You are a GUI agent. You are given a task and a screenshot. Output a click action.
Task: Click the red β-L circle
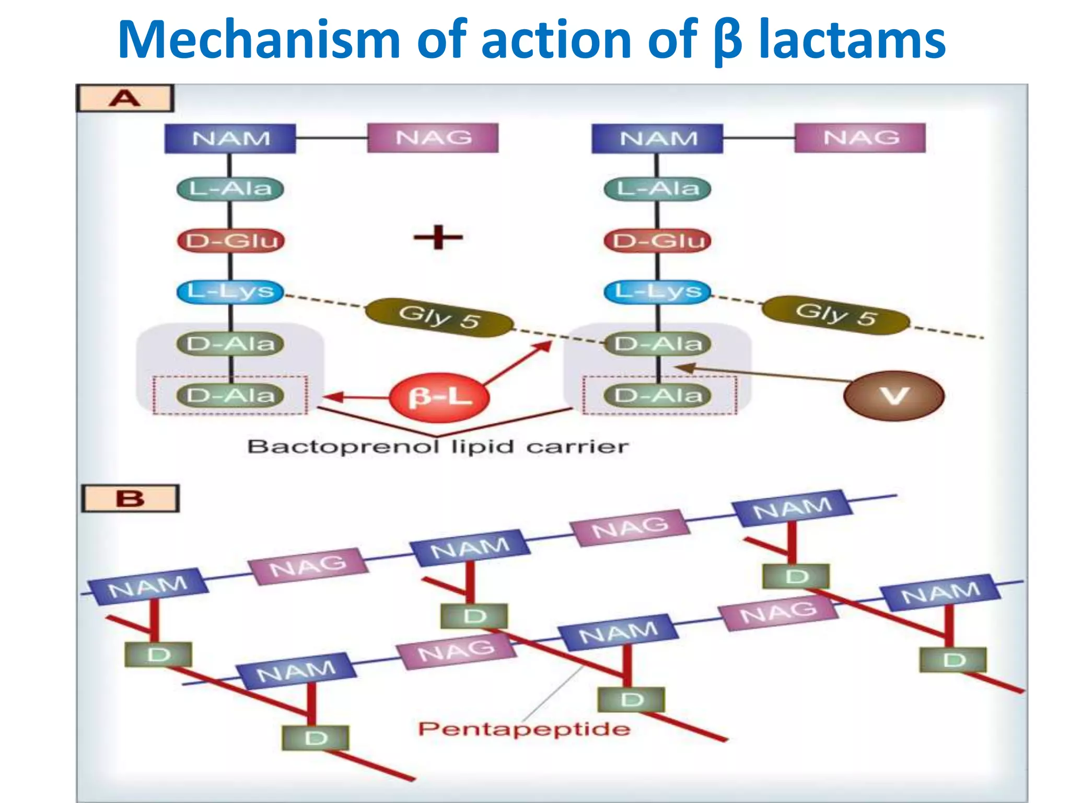tap(439, 397)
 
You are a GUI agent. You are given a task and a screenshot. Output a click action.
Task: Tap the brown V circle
tap(894, 396)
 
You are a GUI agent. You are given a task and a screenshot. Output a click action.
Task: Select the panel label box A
tap(125, 98)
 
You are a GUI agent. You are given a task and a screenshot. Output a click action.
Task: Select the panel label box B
tap(130, 498)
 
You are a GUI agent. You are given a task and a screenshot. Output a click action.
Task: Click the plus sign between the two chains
tap(438, 238)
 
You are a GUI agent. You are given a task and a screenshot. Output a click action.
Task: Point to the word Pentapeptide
tap(524, 729)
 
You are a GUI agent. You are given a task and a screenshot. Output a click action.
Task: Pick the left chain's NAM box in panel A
tap(230, 139)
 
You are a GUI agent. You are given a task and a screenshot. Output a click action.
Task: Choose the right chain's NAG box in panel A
tap(860, 138)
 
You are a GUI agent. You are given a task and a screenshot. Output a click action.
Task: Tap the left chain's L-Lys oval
tap(230, 291)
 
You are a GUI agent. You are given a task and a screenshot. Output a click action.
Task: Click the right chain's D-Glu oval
tap(658, 241)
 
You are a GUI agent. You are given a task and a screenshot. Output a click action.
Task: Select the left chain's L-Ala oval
tap(230, 189)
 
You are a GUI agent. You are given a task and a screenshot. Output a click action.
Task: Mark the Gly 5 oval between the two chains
tap(439, 317)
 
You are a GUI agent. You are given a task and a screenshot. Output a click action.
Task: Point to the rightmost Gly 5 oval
tap(835, 315)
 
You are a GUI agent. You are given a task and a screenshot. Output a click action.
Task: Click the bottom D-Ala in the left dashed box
tap(230, 395)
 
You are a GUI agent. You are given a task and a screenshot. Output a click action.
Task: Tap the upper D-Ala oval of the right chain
tap(658, 344)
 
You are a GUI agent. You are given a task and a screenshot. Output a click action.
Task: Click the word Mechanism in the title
tap(259, 40)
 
